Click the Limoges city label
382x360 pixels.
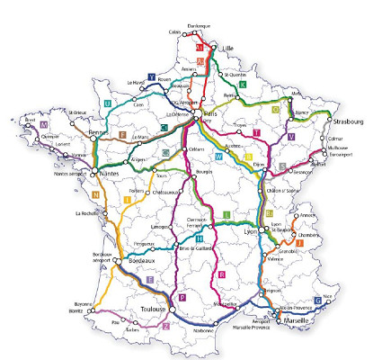163,226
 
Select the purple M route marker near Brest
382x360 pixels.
42,125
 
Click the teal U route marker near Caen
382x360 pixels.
108,104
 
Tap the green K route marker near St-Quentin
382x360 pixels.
243,84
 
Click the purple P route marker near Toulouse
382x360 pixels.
182,297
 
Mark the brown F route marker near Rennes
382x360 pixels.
123,135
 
